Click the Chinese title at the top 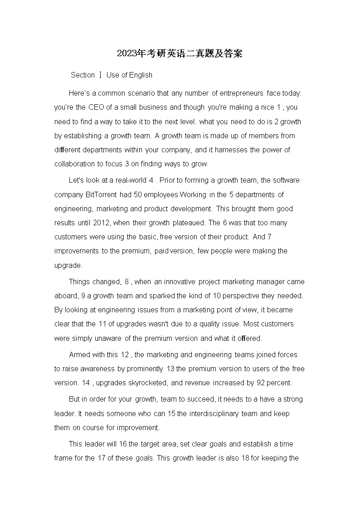click(x=180, y=53)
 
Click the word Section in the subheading click(x=83, y=75)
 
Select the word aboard click(x=66, y=296)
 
